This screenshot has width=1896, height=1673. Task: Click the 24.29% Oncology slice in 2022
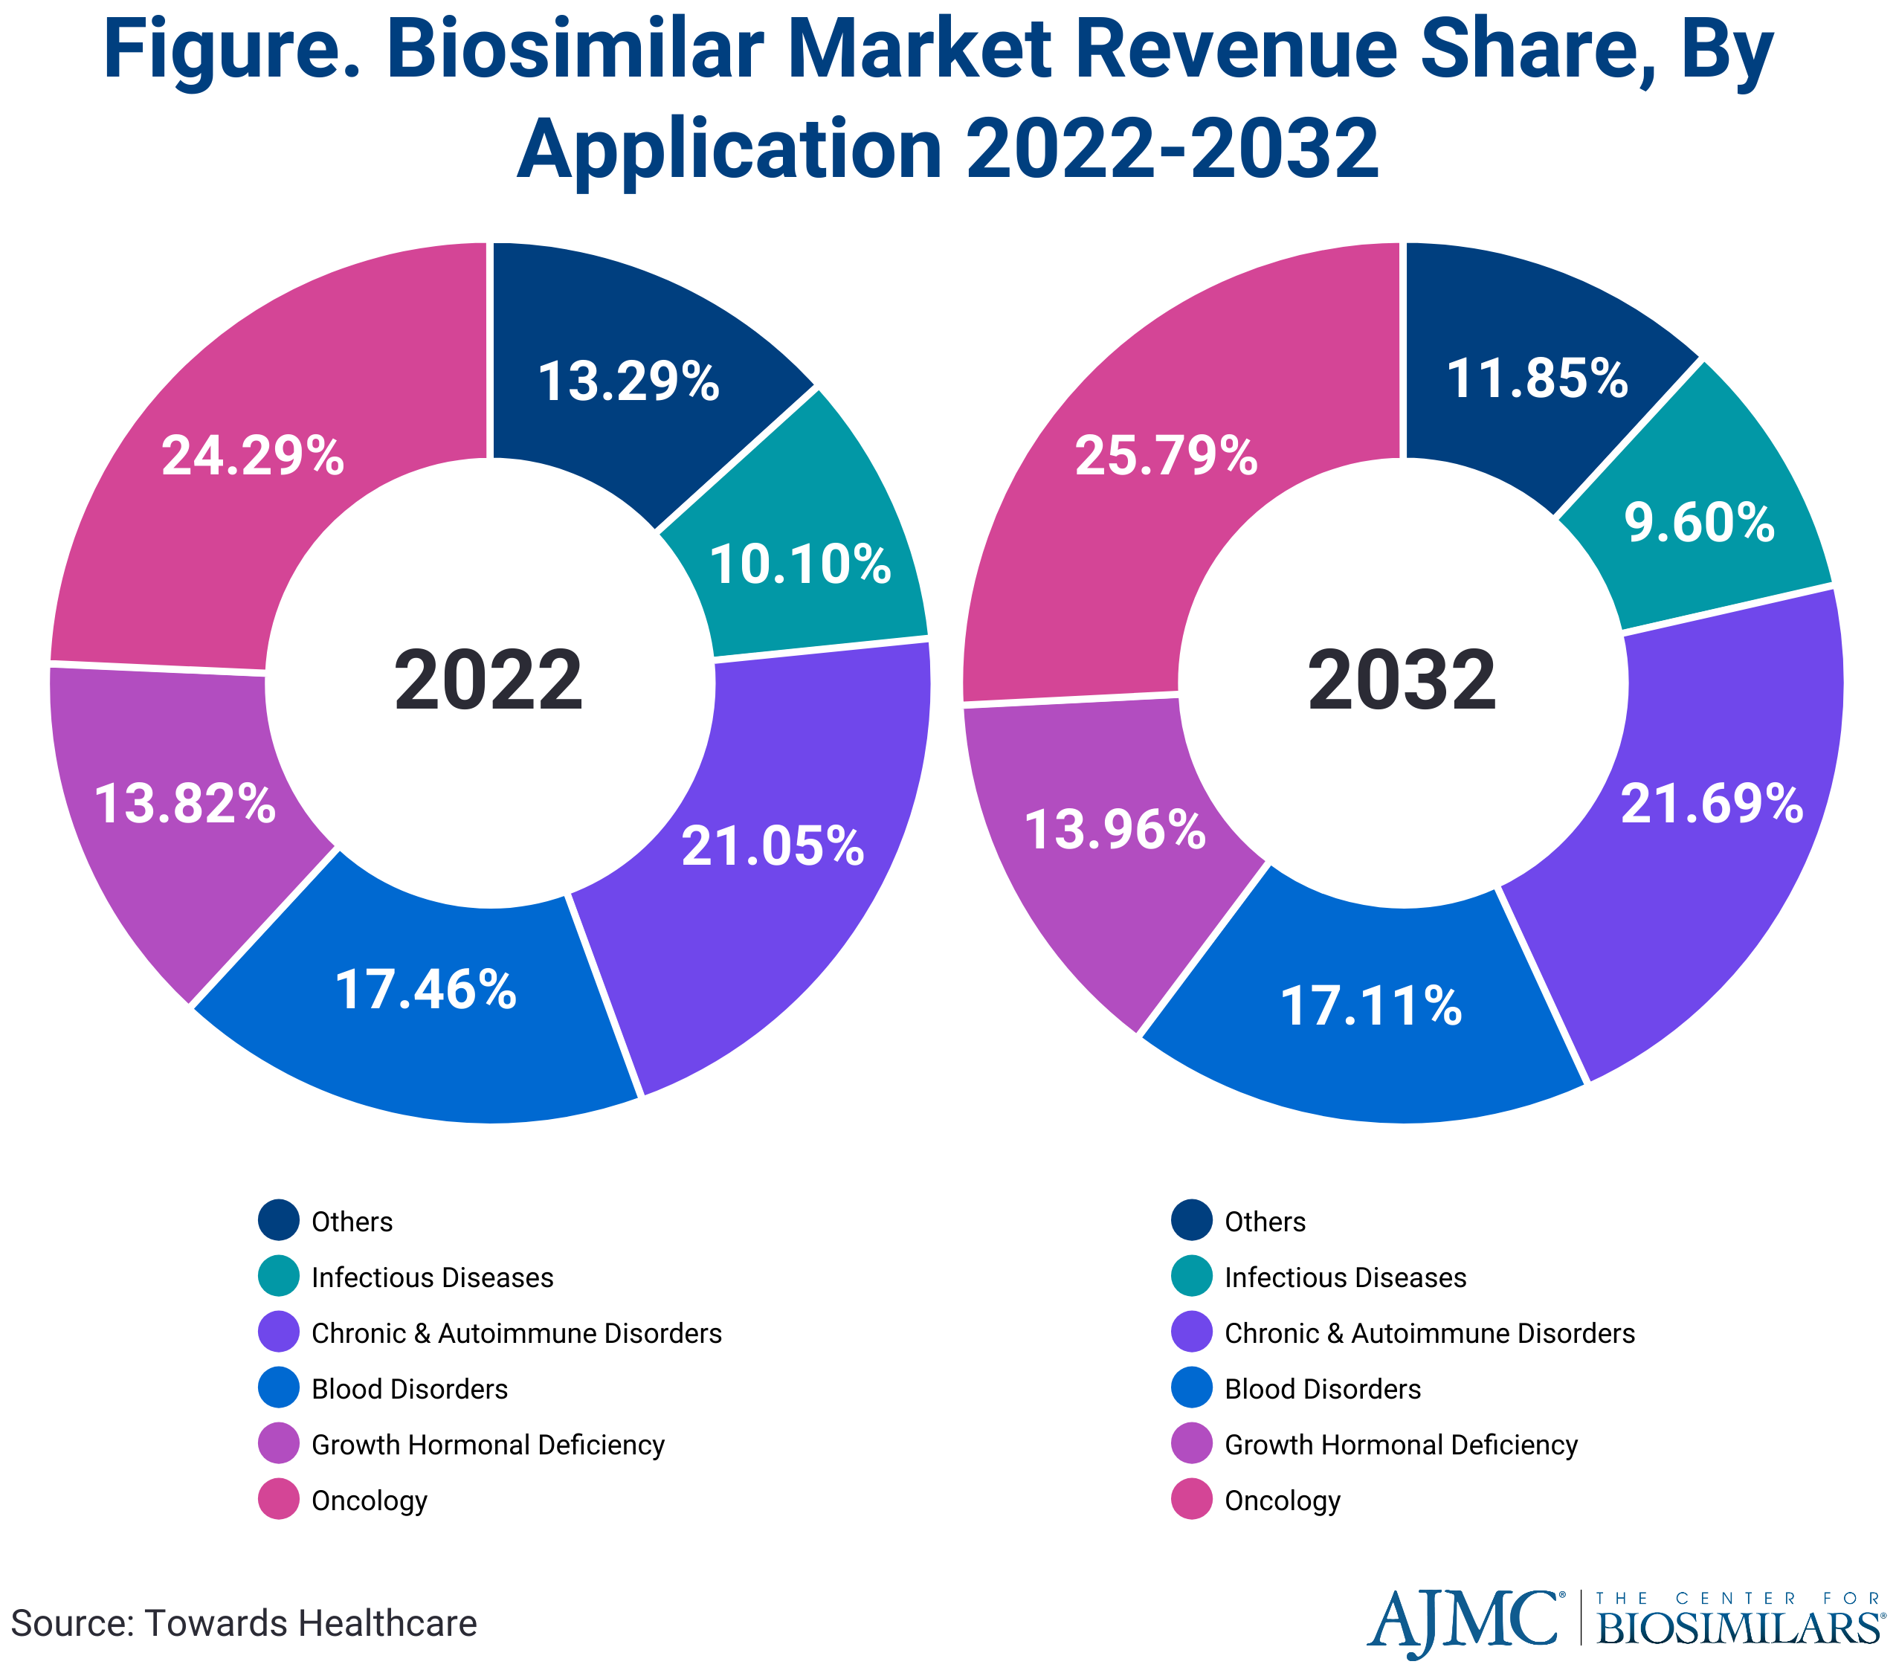point(252,457)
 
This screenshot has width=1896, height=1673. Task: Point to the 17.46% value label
point(426,990)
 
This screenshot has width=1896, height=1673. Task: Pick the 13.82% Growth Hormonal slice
point(186,803)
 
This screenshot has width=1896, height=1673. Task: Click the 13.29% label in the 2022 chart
point(629,381)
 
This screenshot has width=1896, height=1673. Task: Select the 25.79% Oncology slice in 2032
point(1166,457)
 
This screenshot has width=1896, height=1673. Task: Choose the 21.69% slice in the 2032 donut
point(1712,803)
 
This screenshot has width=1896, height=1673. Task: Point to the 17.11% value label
point(1371,1006)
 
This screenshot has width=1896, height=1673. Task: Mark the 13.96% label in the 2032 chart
point(1115,829)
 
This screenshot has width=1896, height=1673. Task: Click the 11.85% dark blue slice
point(1537,378)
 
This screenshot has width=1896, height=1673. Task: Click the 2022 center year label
point(488,682)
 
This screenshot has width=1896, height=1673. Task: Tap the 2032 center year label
point(1402,682)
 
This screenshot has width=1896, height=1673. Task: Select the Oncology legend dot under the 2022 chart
point(278,1500)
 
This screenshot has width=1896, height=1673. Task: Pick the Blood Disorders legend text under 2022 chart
point(409,1388)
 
